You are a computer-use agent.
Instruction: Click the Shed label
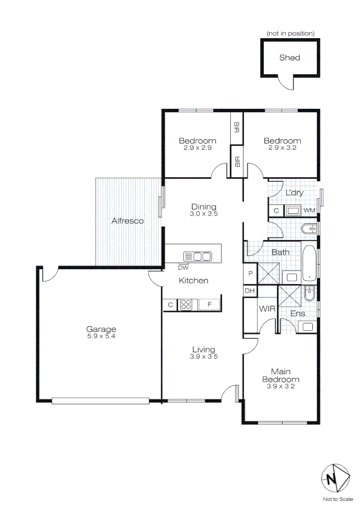289,57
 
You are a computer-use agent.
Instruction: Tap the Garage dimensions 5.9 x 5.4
101,337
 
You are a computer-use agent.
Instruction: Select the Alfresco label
127,221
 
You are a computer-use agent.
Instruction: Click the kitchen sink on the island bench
197,256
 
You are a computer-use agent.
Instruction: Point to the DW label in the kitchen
183,268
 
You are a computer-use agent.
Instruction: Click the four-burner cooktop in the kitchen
186,304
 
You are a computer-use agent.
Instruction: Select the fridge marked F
210,304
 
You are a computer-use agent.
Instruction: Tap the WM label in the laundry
309,210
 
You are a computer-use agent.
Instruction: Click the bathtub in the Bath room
309,263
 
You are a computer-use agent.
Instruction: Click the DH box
250,291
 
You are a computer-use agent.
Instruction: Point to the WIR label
267,309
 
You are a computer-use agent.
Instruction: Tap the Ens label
297,313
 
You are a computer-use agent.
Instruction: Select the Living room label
204,350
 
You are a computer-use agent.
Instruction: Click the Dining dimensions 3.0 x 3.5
204,213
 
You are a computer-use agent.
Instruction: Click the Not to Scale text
337,499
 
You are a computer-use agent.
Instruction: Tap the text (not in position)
290,33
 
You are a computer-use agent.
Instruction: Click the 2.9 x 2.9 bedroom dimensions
197,148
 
